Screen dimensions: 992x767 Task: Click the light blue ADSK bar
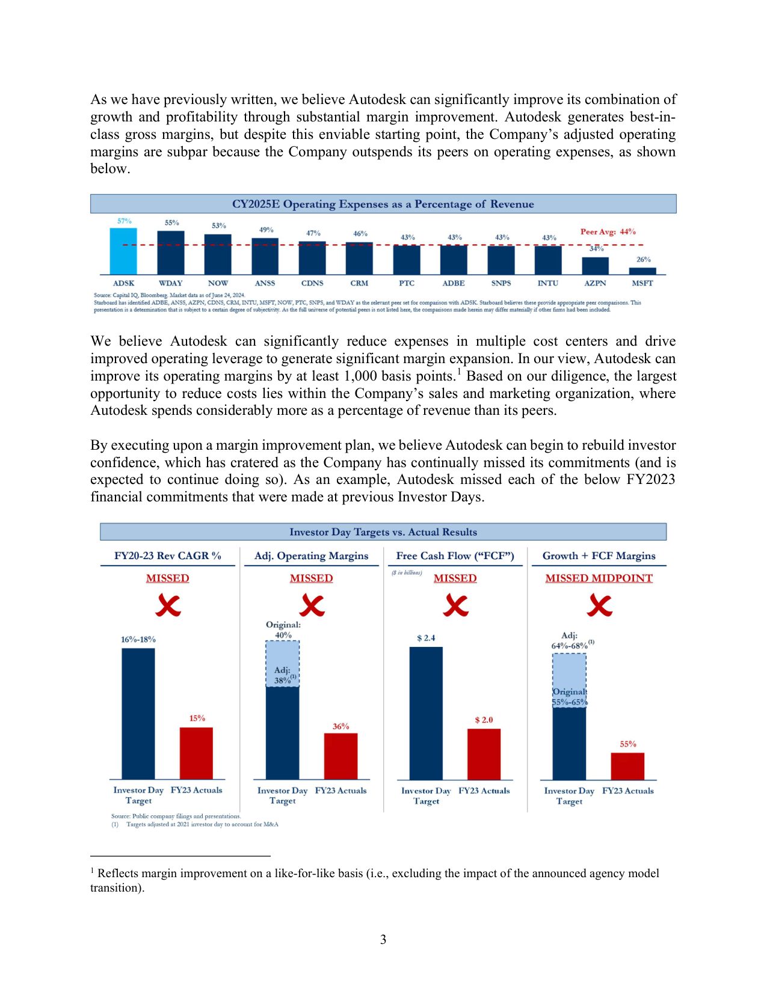123,251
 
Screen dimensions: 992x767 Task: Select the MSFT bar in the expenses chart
642,271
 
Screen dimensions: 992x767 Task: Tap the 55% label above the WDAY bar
172,222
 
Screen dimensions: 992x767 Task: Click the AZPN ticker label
595,283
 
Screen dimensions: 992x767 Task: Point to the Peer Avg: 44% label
608,231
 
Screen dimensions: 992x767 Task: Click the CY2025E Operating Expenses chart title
383,204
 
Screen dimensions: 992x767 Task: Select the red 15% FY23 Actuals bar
196,753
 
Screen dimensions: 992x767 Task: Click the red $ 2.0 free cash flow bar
484,754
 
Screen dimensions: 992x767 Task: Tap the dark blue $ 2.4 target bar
426,713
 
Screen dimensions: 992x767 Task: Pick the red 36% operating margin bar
340,756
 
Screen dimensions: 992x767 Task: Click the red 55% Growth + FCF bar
627,766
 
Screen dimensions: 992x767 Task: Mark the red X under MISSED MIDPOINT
599,605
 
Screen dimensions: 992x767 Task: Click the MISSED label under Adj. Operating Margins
311,578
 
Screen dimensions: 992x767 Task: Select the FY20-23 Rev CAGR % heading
168,556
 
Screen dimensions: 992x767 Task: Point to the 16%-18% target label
138,639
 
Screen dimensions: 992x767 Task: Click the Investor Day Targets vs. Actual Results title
383,532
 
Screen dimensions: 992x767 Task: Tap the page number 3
383,940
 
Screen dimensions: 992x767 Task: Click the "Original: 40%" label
283,629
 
